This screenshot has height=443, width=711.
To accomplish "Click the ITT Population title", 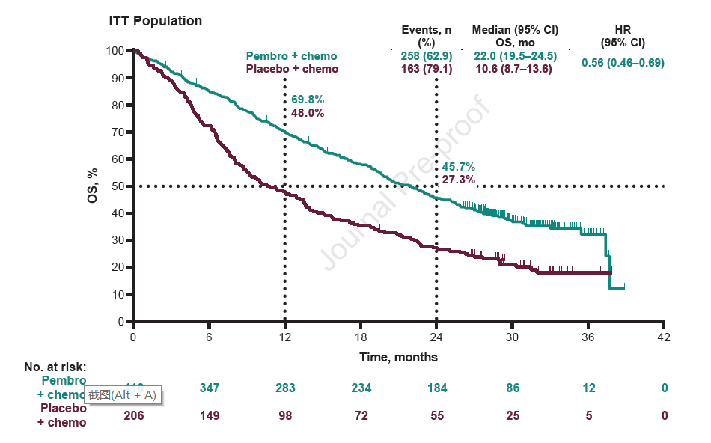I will coord(156,21).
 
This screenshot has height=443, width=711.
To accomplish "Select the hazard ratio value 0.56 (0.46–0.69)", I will coord(623,63).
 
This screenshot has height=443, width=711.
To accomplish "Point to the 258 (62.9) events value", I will coord(421,56).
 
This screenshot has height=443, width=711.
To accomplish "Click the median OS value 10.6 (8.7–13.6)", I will coord(515,69).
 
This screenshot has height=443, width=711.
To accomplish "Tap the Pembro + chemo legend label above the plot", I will coord(292,56).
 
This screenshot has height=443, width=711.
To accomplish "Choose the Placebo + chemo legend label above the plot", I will coord(293,69).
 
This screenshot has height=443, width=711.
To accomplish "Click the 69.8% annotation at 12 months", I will coord(308,100).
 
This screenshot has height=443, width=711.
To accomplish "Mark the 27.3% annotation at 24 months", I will coord(458,180).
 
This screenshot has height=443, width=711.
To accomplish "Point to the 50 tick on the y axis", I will coord(118,186).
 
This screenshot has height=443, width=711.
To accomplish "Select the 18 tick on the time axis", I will coord(361,337).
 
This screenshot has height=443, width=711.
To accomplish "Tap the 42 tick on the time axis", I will coord(664,337).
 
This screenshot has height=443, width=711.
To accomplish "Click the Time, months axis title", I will coord(398,357).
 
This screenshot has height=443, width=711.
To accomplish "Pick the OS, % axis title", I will coord(92,186).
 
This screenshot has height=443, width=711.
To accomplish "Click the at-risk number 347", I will coord(210,388).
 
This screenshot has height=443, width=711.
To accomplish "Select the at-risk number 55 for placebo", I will coord(436,415).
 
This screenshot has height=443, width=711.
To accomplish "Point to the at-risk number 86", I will coord(513,388).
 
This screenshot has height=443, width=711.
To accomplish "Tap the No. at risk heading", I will coord(55,367).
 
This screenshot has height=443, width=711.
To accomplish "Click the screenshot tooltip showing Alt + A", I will coord(123,394).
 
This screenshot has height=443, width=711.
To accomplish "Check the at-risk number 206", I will coord(133,415).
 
